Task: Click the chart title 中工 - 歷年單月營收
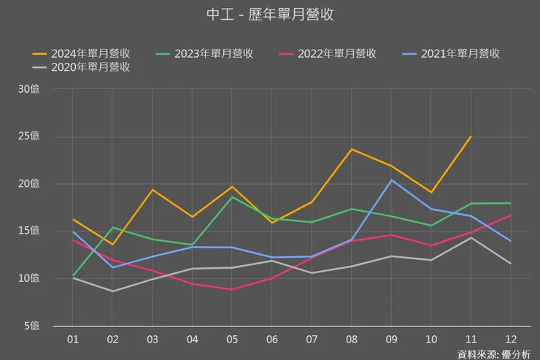270,15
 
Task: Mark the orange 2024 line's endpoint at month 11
471,137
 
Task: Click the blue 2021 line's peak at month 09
391,180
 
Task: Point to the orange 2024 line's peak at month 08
352,149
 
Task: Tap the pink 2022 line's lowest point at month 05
232,289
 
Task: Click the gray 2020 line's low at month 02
112,291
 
